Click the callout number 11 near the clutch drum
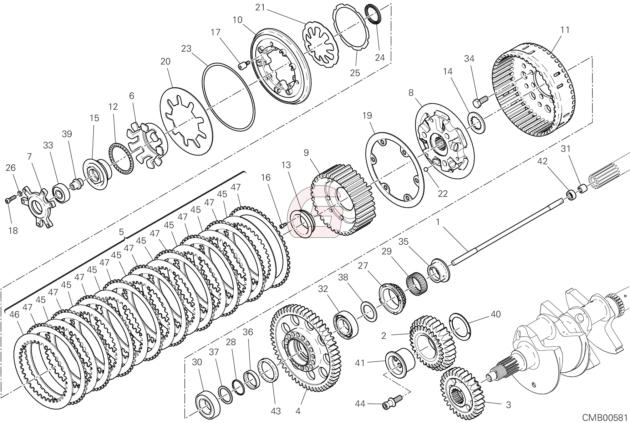pyautogui.click(x=565, y=30)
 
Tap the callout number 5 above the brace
pyautogui.click(x=121, y=232)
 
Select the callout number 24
pyautogui.click(x=380, y=58)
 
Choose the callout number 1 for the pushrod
pyautogui.click(x=438, y=222)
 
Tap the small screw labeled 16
pyautogui.click(x=283, y=225)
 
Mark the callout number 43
pyautogui.click(x=276, y=411)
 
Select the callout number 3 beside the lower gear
pyautogui.click(x=508, y=405)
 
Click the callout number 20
pyautogui.click(x=165, y=62)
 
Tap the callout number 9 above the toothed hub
pyautogui.click(x=306, y=153)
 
